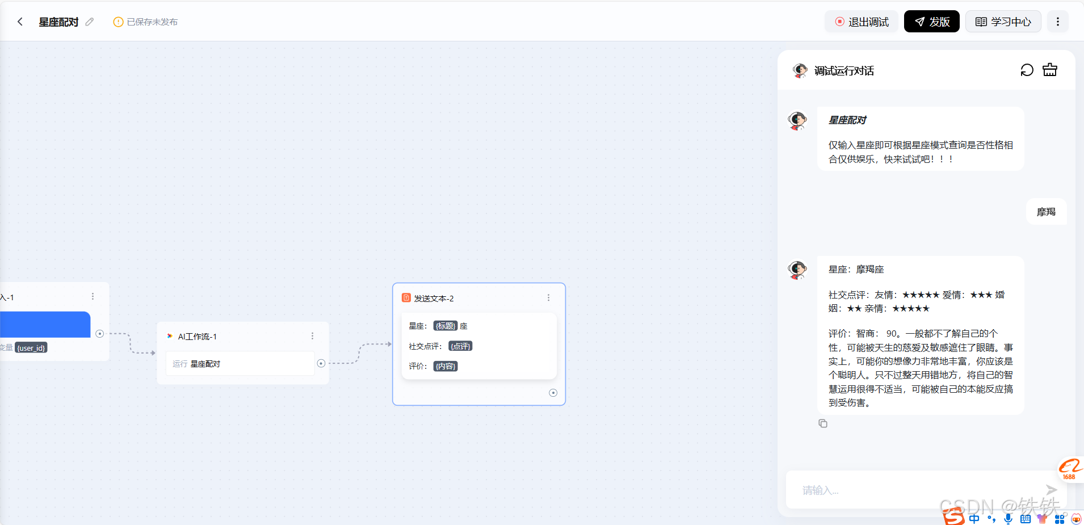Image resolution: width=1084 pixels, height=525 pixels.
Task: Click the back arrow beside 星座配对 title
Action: click(x=20, y=22)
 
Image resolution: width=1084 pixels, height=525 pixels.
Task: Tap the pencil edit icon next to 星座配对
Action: click(x=90, y=22)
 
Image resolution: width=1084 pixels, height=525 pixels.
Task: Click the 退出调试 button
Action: click(x=862, y=22)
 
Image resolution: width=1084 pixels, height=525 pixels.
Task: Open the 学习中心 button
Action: click(x=1003, y=22)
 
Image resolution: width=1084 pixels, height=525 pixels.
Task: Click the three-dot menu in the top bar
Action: click(x=1057, y=22)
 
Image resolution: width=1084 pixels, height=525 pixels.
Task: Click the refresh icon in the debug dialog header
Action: click(x=1027, y=70)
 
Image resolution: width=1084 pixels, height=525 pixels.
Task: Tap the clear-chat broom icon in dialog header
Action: click(x=1050, y=70)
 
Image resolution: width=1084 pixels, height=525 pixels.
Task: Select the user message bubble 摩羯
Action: click(x=1046, y=212)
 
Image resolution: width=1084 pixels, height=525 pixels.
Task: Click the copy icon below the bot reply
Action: click(x=823, y=423)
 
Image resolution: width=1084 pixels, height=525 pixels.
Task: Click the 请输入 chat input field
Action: click(x=914, y=490)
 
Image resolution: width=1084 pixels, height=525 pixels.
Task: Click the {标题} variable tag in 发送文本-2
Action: click(x=446, y=326)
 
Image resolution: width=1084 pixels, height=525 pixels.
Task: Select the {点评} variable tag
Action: click(x=460, y=346)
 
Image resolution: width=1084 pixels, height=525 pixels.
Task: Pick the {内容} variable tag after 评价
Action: click(x=446, y=366)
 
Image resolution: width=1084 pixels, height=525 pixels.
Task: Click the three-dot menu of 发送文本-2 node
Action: click(x=548, y=297)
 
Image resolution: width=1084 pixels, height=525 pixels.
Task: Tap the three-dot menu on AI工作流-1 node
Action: click(x=312, y=336)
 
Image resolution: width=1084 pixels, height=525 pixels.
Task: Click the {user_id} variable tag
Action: click(x=31, y=348)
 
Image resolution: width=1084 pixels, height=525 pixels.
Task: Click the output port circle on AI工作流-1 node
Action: click(x=321, y=363)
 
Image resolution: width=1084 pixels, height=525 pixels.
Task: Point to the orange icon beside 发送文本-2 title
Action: click(x=406, y=298)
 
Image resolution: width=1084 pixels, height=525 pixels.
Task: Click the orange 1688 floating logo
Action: click(x=1070, y=469)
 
